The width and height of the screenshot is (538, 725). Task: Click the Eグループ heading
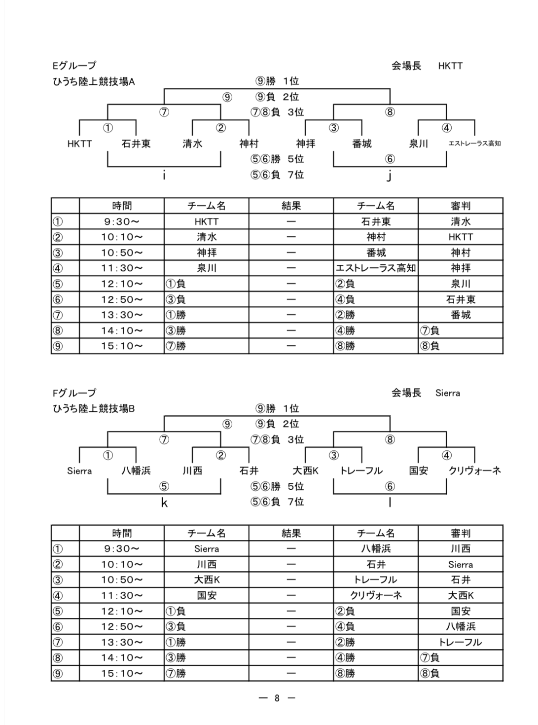click(74, 66)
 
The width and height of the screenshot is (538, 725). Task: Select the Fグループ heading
click(74, 393)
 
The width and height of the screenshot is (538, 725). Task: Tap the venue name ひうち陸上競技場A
click(94, 81)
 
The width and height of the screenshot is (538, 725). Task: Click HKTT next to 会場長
click(450, 66)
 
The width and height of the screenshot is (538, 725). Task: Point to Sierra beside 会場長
click(447, 393)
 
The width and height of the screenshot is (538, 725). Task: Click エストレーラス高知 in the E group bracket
click(474, 143)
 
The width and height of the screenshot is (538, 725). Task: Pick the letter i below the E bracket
click(164, 176)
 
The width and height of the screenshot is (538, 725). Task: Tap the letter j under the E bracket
click(389, 176)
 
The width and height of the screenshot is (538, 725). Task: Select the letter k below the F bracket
click(164, 503)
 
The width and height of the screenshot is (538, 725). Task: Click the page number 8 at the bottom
click(277, 698)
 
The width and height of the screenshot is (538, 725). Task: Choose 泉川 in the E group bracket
click(418, 144)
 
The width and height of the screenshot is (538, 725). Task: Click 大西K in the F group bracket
click(305, 471)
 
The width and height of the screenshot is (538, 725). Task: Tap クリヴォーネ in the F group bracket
click(474, 471)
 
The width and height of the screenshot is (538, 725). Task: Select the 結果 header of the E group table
click(291, 206)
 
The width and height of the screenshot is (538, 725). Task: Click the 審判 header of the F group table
click(461, 533)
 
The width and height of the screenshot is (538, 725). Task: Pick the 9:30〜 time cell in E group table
click(122, 221)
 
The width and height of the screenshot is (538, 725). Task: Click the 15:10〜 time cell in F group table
click(122, 673)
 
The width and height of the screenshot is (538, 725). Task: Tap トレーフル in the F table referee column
click(460, 642)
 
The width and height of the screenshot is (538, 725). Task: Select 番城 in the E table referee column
click(461, 315)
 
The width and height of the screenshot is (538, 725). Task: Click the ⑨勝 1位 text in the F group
click(277, 408)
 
